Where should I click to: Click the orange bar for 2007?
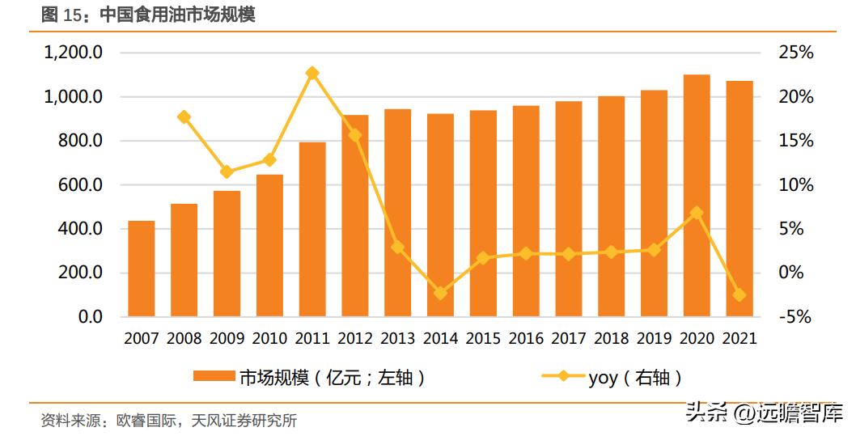point(142,269)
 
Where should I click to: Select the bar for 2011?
point(312,229)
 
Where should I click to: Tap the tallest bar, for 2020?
point(697,195)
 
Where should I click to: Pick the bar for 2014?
point(440,215)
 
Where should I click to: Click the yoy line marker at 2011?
point(312,73)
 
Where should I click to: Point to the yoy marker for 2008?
point(184,117)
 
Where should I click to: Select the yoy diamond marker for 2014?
point(440,293)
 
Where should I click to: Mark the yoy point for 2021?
point(739,294)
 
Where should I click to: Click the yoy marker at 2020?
point(697,213)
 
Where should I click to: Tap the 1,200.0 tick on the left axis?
point(73,53)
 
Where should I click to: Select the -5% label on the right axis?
point(795,317)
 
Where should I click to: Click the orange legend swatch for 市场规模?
point(214,377)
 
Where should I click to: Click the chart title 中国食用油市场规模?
point(178,15)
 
